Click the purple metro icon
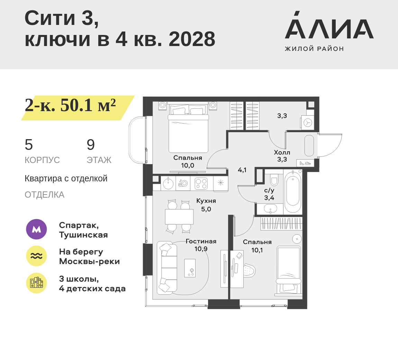[36, 229]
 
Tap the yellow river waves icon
[36, 256]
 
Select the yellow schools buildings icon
[36, 283]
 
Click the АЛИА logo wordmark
[329, 25]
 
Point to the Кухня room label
[206, 201]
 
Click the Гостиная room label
[201, 241]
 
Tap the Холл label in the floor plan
[282, 152]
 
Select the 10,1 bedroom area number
[257, 250]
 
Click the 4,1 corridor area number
[242, 170]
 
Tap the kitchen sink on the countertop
[168, 183]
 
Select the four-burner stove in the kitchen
[201, 183]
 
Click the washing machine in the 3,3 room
[308, 123]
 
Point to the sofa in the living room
[167, 268]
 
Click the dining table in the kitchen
[179, 217]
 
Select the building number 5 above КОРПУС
[29, 145]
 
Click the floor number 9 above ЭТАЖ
[91, 145]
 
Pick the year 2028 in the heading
[192, 39]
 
